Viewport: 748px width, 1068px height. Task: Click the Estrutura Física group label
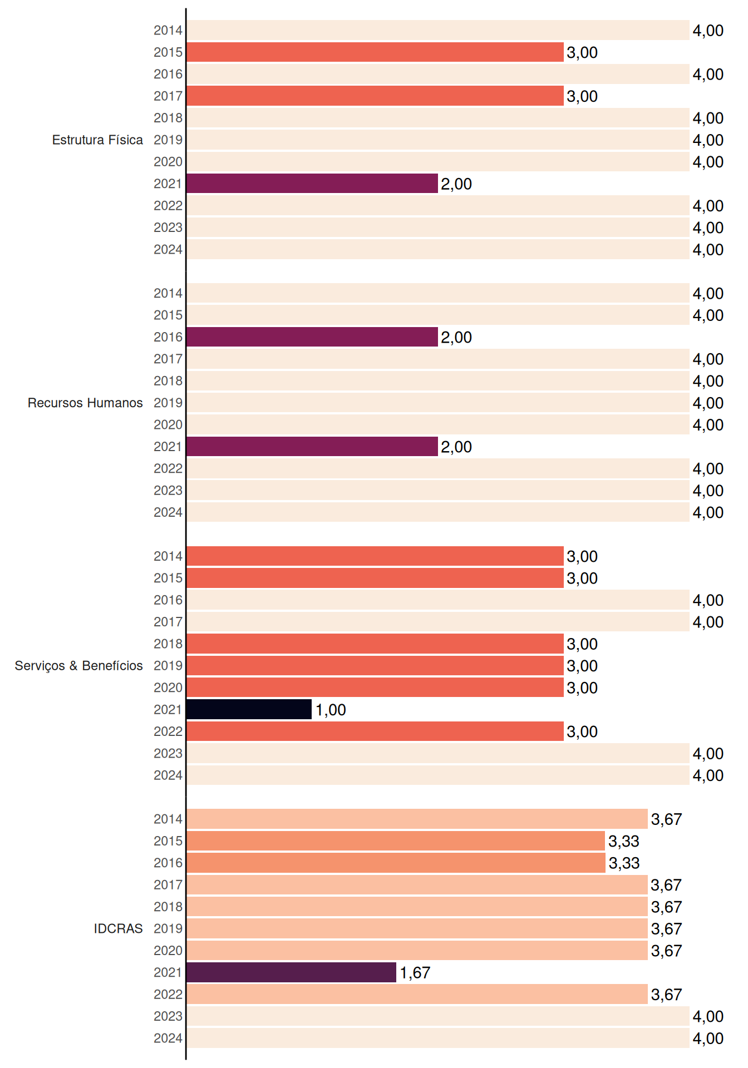pos(97,140)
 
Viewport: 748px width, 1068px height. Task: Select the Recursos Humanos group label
pos(85,403)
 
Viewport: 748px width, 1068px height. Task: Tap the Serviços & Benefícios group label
pos(78,666)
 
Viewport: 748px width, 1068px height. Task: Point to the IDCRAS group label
pos(118,928)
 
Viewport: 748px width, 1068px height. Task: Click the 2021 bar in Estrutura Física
pos(312,184)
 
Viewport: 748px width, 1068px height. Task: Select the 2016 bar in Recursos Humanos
pos(312,337)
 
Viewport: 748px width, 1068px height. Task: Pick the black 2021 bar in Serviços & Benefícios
pos(249,709)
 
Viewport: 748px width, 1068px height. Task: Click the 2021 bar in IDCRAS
pos(292,972)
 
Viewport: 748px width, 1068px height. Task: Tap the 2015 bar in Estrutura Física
pos(375,52)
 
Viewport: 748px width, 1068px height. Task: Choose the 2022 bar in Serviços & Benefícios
pos(375,731)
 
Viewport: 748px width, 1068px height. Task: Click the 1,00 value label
pos(331,710)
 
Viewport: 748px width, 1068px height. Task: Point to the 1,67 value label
pos(415,973)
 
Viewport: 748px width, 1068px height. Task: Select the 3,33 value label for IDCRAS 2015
pos(624,841)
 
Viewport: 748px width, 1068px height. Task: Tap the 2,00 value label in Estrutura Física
pos(456,184)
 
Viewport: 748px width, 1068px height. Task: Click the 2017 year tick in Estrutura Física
pos(168,96)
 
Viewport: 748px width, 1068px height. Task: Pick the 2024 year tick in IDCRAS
pos(168,1039)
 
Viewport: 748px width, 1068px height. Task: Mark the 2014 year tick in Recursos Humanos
pos(168,293)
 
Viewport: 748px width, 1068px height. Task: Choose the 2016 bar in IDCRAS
pos(396,863)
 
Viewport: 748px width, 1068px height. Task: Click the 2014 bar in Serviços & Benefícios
pos(375,556)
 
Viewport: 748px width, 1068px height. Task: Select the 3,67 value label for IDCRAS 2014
pos(666,819)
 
